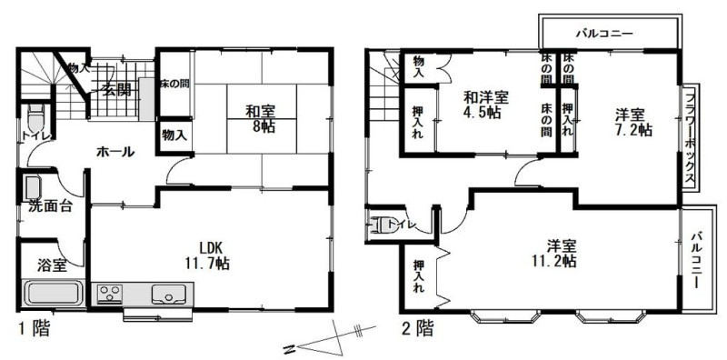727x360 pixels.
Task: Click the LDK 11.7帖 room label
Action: click(206, 255)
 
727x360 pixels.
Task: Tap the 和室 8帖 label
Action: click(260, 119)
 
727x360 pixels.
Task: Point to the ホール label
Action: click(115, 152)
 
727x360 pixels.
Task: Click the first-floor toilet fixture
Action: click(35, 119)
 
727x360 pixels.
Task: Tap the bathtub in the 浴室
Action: click(54, 294)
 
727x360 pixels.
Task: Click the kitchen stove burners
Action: click(110, 295)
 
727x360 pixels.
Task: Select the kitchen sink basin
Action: click(169, 295)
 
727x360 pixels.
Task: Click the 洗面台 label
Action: click(50, 206)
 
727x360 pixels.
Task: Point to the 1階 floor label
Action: click(34, 329)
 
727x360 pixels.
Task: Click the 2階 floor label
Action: click(417, 329)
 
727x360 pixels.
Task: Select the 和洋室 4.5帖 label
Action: click(486, 105)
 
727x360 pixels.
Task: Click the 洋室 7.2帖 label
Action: click(633, 122)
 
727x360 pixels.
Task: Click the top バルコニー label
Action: click(604, 34)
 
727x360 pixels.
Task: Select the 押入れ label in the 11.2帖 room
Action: click(419, 276)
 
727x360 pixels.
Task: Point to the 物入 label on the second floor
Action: click(419, 66)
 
